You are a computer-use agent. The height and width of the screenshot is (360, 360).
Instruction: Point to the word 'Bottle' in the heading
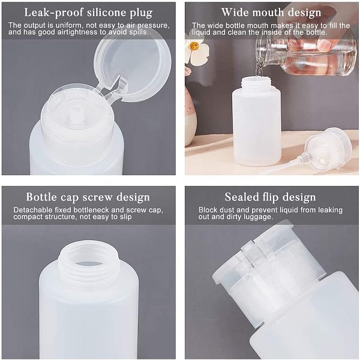[41, 197]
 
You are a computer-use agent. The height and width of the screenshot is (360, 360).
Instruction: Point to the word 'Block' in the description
[208, 210]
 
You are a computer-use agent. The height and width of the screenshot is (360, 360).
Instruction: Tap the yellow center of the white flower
[194, 46]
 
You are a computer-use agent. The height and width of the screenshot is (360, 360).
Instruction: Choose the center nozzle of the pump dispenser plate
[76, 116]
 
